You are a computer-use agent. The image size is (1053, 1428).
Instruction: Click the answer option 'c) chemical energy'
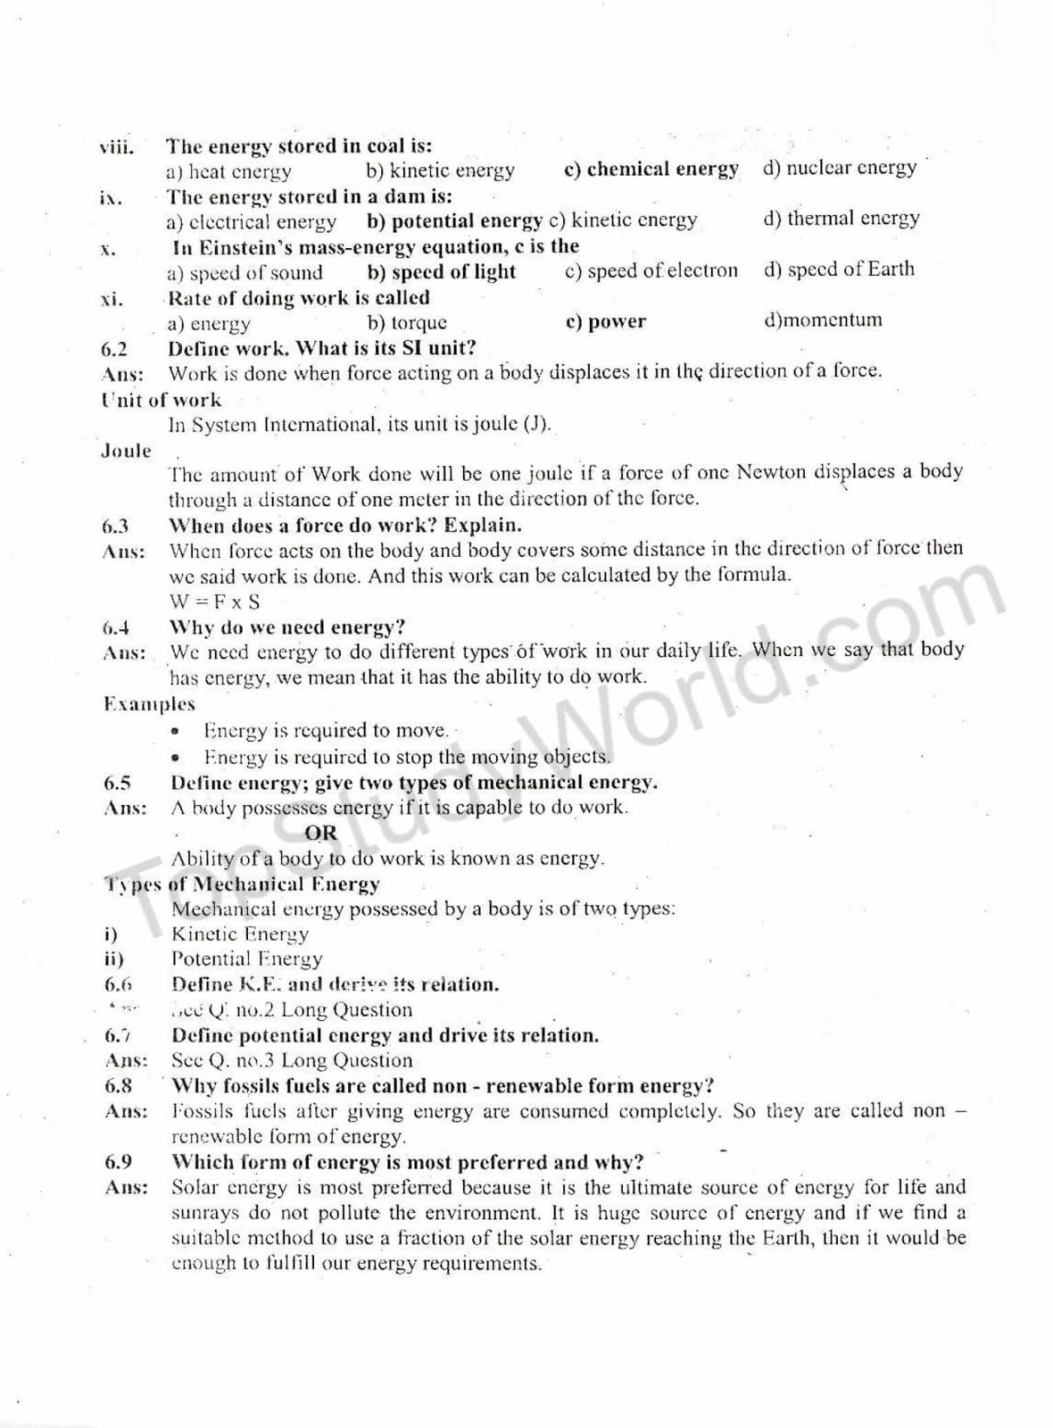point(651,169)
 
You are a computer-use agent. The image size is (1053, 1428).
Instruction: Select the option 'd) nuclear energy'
point(839,168)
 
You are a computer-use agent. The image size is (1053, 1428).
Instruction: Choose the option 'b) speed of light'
point(441,271)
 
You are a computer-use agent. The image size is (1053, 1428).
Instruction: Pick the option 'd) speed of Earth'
point(838,269)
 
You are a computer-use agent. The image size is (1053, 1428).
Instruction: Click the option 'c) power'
point(605,321)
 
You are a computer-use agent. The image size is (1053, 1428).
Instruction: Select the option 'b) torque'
point(407,322)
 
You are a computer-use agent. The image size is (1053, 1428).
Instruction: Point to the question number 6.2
point(115,349)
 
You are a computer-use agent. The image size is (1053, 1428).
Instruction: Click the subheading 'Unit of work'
point(161,400)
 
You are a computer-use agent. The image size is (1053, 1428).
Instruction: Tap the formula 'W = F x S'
point(214,601)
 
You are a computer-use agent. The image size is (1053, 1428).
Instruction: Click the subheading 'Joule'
point(126,451)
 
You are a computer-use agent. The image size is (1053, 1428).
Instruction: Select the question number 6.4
point(117,627)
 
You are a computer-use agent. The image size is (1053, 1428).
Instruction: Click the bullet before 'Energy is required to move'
point(178,732)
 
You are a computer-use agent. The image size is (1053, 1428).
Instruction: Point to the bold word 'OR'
point(320,833)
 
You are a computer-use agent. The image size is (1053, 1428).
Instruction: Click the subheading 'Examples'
point(148,704)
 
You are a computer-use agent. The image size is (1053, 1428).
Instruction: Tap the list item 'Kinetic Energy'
point(240,934)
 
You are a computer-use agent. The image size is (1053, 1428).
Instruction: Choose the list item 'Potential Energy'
point(246,959)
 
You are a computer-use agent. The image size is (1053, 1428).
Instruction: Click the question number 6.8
point(118,1086)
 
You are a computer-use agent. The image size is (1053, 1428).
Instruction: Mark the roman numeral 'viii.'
point(116,147)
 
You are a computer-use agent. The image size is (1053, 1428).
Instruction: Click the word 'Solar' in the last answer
point(195,1188)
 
